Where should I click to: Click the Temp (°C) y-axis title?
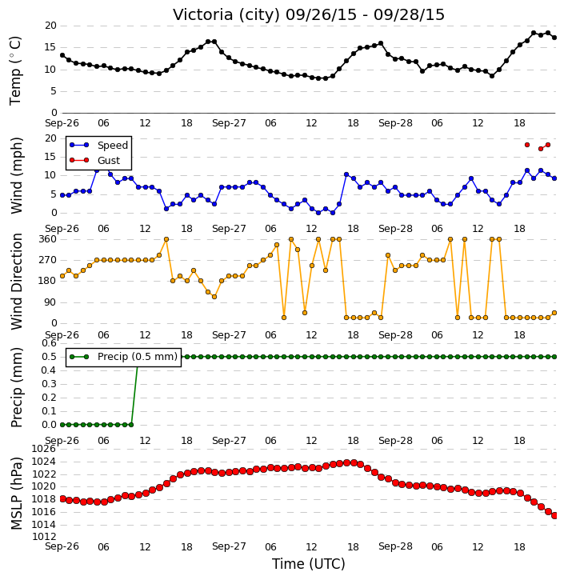(15, 70)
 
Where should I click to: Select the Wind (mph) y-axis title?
(16, 175)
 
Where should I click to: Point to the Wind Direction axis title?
(16, 282)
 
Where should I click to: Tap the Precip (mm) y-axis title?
(16, 387)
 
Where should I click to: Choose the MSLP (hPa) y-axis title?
(16, 494)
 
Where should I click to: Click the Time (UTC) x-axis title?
(309, 564)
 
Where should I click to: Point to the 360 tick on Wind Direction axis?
(48, 239)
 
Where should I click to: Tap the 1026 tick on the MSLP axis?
(44, 449)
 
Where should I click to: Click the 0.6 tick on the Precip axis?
(49, 343)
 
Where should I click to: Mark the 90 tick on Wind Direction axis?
(50, 302)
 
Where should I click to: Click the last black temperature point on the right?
(554, 38)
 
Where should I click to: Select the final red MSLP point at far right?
(554, 516)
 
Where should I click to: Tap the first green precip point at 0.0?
(62, 425)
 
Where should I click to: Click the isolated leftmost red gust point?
(527, 145)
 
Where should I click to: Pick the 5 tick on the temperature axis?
(54, 91)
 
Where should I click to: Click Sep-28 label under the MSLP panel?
(395, 546)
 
